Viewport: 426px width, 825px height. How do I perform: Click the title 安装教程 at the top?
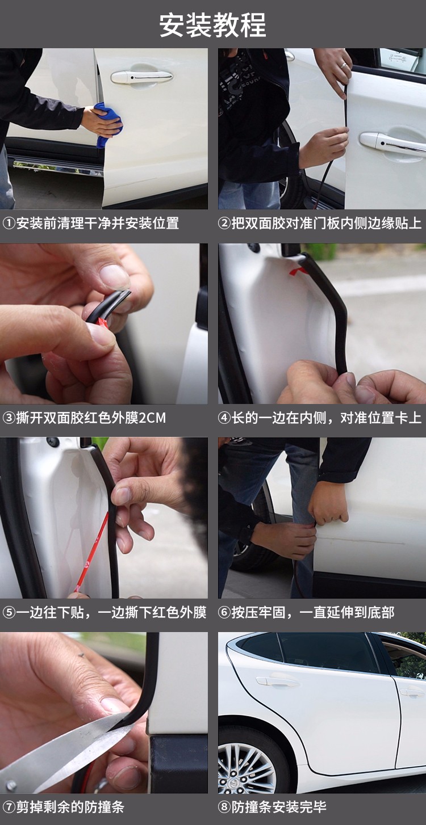coord(212,26)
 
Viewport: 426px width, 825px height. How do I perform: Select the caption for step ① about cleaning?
coord(91,223)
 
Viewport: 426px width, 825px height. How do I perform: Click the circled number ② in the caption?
coord(224,223)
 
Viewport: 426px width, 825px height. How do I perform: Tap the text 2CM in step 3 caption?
coord(152,418)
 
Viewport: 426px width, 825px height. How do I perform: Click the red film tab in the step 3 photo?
coord(102,323)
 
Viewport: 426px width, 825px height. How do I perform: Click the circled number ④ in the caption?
coord(224,418)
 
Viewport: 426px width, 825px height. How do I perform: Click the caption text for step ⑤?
coord(105,613)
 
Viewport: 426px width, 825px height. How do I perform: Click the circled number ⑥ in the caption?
coord(224,613)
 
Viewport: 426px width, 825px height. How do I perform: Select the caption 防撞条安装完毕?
coord(273,807)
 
